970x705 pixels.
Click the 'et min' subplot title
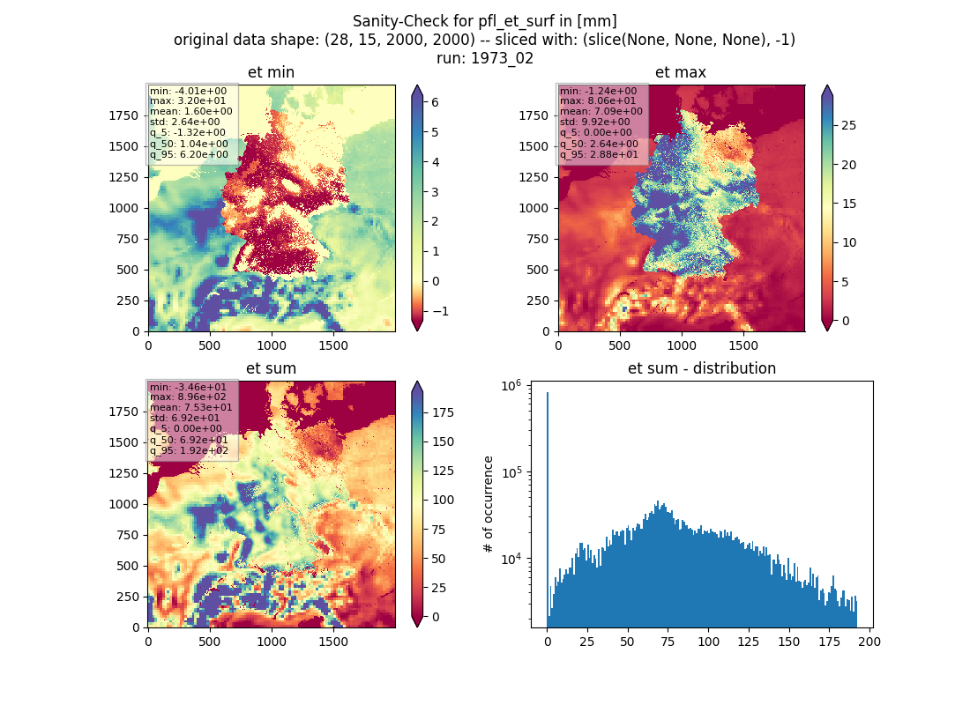pyautogui.click(x=271, y=72)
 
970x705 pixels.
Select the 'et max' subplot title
pyautogui.click(x=681, y=72)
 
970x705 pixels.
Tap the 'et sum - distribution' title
pyautogui.click(x=702, y=368)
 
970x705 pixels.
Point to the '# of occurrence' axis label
pyautogui.click(x=489, y=504)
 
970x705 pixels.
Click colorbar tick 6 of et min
pyautogui.click(x=435, y=102)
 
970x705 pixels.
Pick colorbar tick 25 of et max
pyautogui.click(x=848, y=125)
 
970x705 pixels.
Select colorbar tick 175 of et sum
pyautogui.click(x=443, y=412)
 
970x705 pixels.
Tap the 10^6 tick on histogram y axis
pyautogui.click(x=511, y=386)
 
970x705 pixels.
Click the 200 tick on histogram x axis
pyautogui.click(x=869, y=642)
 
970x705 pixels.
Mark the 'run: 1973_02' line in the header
pyautogui.click(x=484, y=58)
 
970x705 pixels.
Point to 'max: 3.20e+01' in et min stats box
pyautogui.click(x=188, y=100)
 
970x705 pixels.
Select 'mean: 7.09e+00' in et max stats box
pyautogui.click(x=601, y=111)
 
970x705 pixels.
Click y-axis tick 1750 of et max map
pyautogui.click(x=533, y=115)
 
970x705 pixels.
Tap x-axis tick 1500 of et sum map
pyautogui.click(x=332, y=642)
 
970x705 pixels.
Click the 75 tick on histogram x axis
pyautogui.click(x=668, y=642)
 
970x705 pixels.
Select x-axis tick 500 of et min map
pyautogui.click(x=210, y=345)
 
